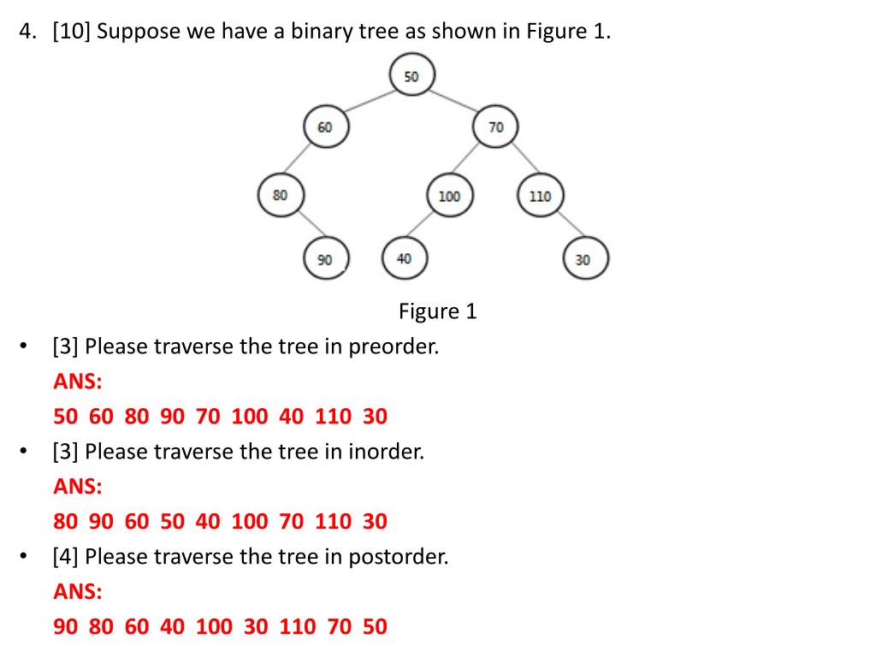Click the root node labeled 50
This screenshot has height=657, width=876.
pyautogui.click(x=411, y=76)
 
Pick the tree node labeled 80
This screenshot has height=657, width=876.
pyautogui.click(x=281, y=195)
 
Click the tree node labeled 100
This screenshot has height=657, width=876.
pyautogui.click(x=448, y=197)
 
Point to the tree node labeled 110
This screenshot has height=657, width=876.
pyautogui.click(x=540, y=197)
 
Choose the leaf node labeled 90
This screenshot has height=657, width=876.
pyautogui.click(x=325, y=259)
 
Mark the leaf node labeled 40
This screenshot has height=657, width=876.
pyautogui.click(x=404, y=258)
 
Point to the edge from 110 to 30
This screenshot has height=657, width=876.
pyautogui.click(x=564, y=228)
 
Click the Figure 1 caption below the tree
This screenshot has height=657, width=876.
pyautogui.click(x=437, y=311)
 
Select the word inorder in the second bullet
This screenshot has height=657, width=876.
pyautogui.click(x=386, y=452)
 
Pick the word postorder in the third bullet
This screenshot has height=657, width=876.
pyautogui.click(x=398, y=557)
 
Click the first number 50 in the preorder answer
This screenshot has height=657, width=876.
pyautogui.click(x=65, y=417)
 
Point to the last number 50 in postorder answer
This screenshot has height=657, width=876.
pyautogui.click(x=375, y=627)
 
